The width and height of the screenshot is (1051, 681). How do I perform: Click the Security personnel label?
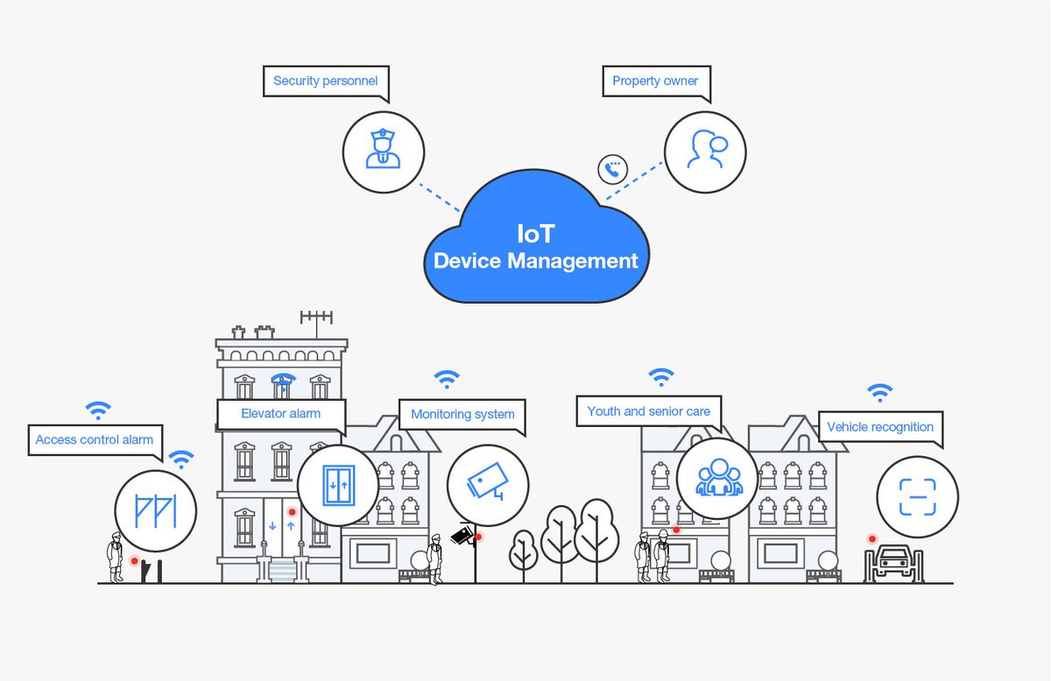click(325, 81)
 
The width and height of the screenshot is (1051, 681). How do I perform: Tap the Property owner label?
click(655, 81)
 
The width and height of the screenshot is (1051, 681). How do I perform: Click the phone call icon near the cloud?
click(613, 169)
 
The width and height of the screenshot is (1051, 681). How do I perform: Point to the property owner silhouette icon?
click(705, 151)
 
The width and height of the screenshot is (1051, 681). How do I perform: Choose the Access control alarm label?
click(94, 439)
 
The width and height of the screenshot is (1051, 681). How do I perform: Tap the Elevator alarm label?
click(280, 413)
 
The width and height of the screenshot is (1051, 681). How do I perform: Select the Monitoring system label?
click(462, 414)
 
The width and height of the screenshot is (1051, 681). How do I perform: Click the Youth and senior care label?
click(648, 411)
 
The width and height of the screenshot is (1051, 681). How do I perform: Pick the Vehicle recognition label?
click(879, 427)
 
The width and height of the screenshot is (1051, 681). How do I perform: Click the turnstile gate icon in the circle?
click(155, 510)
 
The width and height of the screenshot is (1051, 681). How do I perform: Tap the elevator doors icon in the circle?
click(337, 484)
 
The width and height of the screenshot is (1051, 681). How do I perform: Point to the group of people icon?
click(717, 478)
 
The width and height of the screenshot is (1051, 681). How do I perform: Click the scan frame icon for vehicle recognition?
click(917, 496)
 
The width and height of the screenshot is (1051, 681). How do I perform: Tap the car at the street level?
click(893, 560)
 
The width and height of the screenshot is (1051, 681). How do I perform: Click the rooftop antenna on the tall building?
click(316, 321)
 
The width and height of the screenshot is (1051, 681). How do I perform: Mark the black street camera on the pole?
click(462, 535)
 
